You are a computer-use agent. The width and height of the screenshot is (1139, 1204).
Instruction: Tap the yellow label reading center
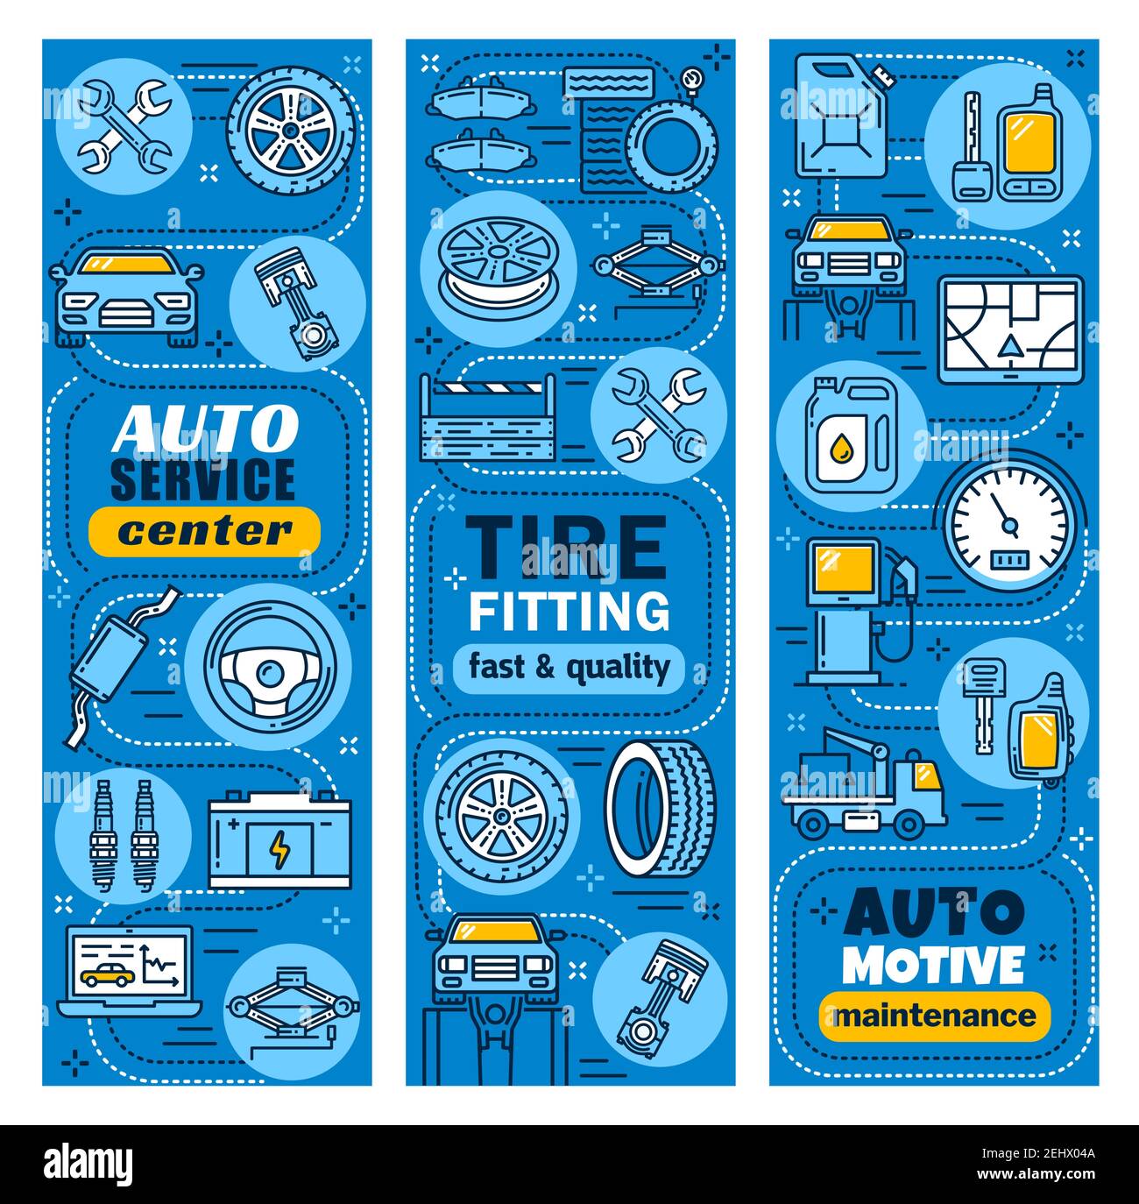click(x=204, y=530)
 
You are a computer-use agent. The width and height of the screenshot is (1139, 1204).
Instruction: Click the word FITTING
click(x=569, y=611)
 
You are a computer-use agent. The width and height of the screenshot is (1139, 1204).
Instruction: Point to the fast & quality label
click(x=569, y=668)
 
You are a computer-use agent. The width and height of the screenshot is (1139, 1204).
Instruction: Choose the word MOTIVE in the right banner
click(x=933, y=965)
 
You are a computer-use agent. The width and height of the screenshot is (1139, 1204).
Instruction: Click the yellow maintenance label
click(x=934, y=1016)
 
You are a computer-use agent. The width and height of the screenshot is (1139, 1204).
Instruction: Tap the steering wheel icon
click(x=269, y=666)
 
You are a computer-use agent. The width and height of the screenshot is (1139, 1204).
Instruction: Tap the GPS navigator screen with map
click(x=1010, y=330)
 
